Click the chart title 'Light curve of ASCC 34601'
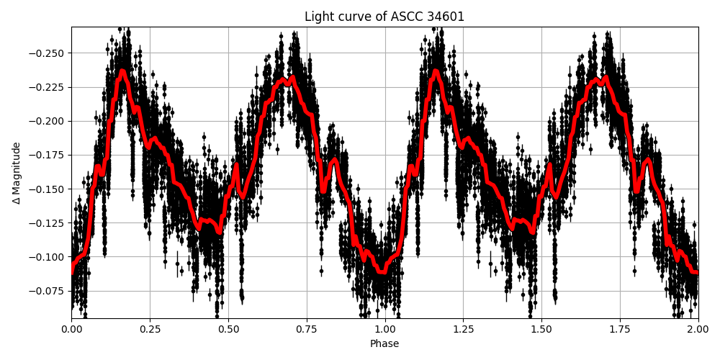(384, 17)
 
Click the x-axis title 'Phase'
(384, 344)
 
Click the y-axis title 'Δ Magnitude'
(17, 173)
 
